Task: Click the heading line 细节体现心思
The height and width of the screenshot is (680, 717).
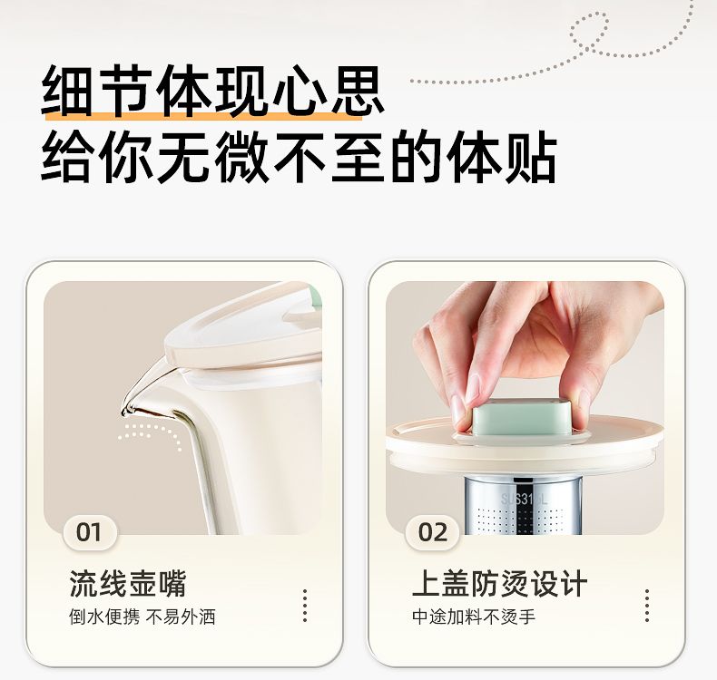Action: click(212, 91)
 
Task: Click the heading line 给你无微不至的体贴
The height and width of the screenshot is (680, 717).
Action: click(300, 157)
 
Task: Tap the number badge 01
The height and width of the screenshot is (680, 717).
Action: click(89, 532)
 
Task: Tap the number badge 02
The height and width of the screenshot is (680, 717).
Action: click(433, 532)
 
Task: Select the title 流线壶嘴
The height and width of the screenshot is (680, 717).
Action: click(128, 584)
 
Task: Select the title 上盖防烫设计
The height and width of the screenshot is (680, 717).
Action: click(499, 584)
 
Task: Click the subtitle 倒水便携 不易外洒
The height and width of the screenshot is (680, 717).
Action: click(142, 617)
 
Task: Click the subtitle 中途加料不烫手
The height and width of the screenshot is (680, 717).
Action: click(473, 617)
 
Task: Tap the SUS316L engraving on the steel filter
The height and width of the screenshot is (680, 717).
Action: click(524, 499)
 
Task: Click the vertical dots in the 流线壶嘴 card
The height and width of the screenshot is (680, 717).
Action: click(305, 606)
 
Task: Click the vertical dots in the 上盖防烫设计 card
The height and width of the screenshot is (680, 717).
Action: click(647, 606)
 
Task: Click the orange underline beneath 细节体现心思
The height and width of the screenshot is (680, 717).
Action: click(203, 114)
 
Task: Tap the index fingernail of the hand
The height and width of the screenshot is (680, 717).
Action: click(458, 407)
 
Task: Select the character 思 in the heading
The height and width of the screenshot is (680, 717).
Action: click(357, 91)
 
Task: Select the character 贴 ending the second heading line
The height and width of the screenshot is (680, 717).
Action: click(530, 157)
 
